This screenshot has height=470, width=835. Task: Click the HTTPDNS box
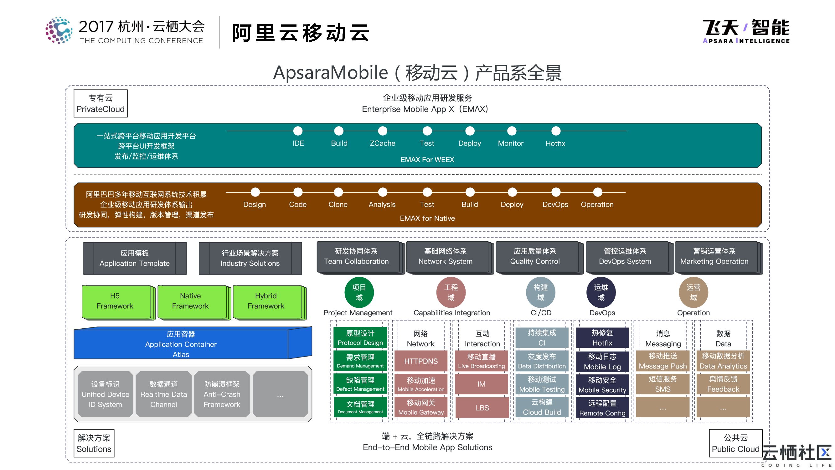click(x=420, y=361)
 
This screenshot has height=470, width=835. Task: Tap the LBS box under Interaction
click(x=481, y=407)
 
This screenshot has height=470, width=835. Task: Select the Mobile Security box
click(x=602, y=385)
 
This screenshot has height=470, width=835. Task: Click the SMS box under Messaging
click(x=662, y=384)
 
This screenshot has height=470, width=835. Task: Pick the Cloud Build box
click(x=542, y=407)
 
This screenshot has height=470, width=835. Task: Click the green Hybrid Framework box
click(x=266, y=301)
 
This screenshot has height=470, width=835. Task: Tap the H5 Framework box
click(x=115, y=301)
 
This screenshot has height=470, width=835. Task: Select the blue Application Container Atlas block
click(x=181, y=344)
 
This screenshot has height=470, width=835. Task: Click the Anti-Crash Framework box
click(x=222, y=394)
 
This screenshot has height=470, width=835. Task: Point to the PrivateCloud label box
click(x=101, y=103)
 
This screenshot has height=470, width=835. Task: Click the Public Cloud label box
click(x=735, y=443)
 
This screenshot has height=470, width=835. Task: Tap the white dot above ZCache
click(x=383, y=131)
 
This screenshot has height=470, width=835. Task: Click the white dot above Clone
click(x=338, y=192)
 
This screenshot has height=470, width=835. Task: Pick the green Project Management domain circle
click(x=359, y=292)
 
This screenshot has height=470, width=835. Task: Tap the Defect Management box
click(x=360, y=384)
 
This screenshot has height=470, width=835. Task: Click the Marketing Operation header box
click(x=714, y=257)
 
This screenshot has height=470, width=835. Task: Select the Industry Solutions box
click(x=250, y=258)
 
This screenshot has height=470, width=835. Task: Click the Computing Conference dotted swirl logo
click(x=59, y=30)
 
